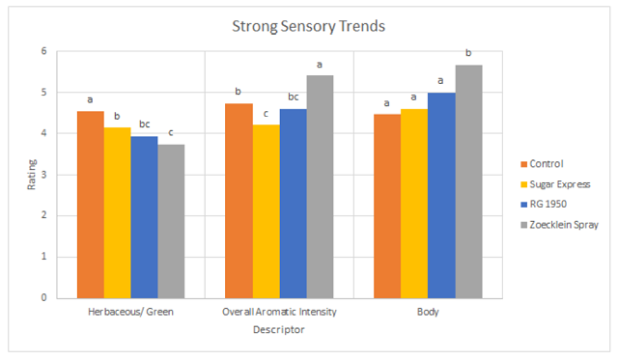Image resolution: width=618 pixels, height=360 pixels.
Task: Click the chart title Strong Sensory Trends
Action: (308, 26)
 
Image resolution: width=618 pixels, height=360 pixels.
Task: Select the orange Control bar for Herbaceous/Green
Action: (91, 205)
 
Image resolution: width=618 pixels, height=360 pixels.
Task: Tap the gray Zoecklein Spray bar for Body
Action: (468, 182)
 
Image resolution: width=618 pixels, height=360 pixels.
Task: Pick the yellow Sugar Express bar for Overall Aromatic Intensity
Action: (267, 211)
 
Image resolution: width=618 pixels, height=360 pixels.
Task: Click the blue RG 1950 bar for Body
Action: (441, 196)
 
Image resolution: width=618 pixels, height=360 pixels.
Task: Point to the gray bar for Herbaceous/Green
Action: (171, 221)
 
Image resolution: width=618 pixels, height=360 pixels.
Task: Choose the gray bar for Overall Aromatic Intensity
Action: (320, 187)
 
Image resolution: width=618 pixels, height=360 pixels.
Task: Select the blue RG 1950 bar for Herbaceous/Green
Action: (144, 217)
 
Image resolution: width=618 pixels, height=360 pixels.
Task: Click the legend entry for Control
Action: (542, 164)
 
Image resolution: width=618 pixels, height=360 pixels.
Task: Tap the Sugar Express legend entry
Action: (555, 184)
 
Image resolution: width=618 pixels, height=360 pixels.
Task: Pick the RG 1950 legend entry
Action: (544, 204)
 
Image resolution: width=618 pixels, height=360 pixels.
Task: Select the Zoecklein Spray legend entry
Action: (560, 225)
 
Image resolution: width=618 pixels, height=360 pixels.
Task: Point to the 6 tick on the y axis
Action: (43, 51)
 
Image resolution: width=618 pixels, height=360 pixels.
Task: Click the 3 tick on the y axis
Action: (43, 175)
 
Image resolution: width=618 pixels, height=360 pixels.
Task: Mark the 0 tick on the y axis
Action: (43, 298)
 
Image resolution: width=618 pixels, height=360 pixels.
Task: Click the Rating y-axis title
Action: (32, 175)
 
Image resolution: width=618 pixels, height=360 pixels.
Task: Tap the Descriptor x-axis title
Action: (279, 330)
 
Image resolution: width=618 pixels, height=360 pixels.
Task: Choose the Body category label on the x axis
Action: (428, 312)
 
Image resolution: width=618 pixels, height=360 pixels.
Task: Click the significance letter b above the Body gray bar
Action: (468, 52)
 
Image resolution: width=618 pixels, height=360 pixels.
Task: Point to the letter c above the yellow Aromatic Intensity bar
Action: (267, 114)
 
